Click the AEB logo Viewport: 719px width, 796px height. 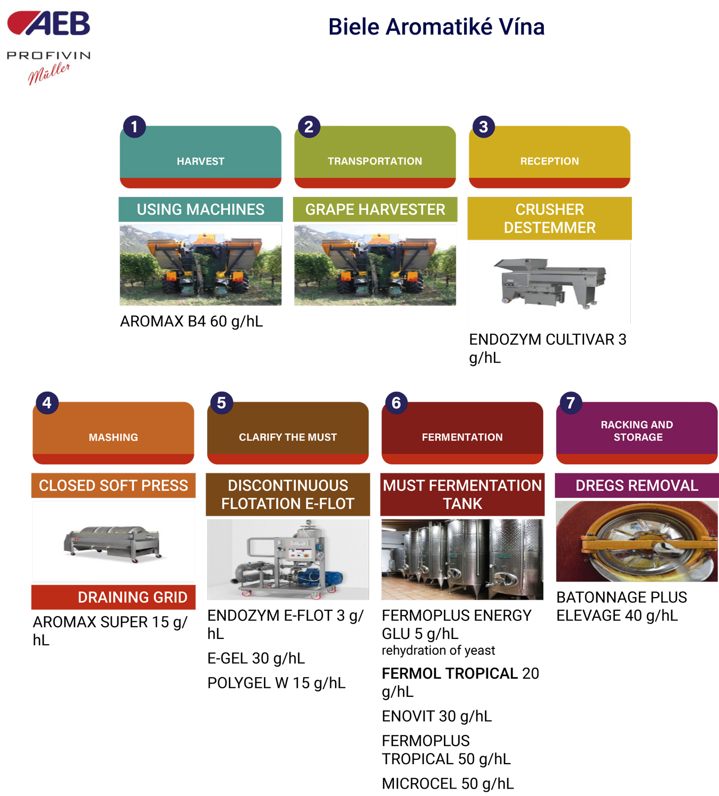point(48,23)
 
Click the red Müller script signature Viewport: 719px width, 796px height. point(49,73)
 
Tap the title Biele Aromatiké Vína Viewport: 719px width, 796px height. point(436,27)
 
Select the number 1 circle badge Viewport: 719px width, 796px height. point(134,127)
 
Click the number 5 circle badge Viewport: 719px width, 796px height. point(221,403)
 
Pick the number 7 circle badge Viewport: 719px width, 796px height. point(571,403)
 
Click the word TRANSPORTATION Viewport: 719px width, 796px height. point(375,161)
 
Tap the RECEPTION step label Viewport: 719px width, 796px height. point(550,161)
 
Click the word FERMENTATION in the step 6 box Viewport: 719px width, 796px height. point(462,437)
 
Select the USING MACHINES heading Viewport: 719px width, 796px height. point(201,210)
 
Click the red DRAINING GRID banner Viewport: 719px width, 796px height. point(113,597)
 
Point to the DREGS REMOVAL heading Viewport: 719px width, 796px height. point(637,486)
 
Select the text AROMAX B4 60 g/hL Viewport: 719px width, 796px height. point(192,322)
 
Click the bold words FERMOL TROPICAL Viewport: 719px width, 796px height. point(449,673)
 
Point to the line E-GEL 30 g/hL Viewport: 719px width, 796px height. point(256,659)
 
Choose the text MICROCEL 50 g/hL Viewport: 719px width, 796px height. point(448,784)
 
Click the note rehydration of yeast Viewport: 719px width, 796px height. point(438,651)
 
